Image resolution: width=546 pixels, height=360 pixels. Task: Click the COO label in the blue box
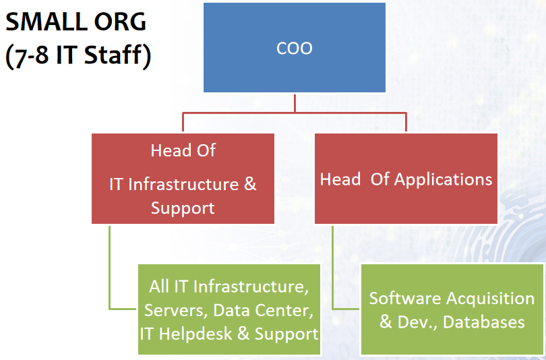tap(295, 48)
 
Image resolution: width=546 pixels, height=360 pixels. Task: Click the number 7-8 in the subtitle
tap(31, 55)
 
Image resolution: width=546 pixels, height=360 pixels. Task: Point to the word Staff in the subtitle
tap(113, 55)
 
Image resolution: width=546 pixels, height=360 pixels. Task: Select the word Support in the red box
tap(183, 208)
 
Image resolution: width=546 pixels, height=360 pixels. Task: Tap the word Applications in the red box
tap(444, 179)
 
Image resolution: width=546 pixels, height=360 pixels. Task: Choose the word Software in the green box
tap(405, 299)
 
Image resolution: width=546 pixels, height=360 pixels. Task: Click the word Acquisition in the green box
tap(490, 299)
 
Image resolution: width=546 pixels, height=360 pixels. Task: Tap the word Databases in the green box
tap(484, 322)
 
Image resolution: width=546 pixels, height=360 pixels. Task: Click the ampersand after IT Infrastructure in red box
tap(250, 184)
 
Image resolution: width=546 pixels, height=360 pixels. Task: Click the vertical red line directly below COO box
tap(295, 102)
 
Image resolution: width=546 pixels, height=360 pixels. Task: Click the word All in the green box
tap(159, 287)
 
